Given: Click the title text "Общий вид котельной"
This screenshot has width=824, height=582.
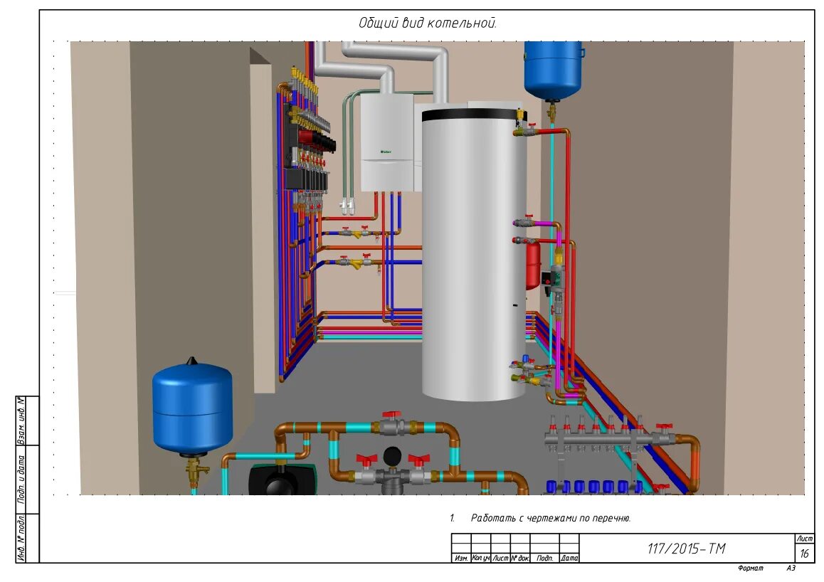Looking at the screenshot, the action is pos(428,23).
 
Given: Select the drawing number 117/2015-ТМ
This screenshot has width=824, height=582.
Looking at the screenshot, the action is pos(686,549).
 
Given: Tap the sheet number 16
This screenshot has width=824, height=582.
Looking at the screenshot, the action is pos(805,554).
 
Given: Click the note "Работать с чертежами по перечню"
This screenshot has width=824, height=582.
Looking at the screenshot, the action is pos(550,518).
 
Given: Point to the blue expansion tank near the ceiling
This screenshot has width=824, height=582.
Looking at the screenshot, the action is pos(553,69).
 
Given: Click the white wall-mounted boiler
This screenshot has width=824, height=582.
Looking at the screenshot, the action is pos(387,142).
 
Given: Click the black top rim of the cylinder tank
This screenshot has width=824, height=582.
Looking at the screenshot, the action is pos(474,113).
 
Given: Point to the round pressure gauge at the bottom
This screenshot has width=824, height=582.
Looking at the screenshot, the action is pos(391,455).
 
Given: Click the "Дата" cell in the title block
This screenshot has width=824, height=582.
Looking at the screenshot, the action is pos(569,559).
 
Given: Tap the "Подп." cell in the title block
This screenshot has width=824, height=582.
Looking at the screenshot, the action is pos(545,559).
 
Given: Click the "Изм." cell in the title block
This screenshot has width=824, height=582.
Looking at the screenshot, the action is pos(461,559).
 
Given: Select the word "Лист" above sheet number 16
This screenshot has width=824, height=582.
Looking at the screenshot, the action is pos(805,539).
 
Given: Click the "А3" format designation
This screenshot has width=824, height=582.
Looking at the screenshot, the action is pos(791,568).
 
